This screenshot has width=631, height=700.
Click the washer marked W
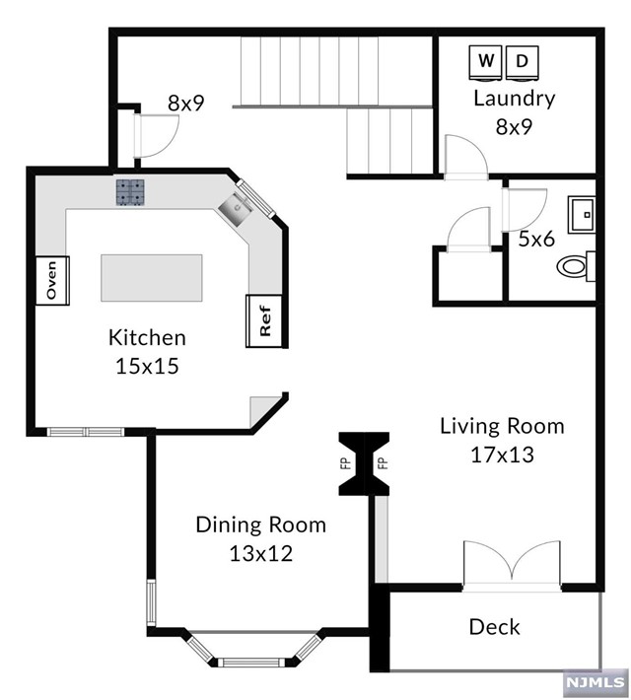coord(486,63)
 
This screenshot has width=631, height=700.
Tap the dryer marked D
coord(522,63)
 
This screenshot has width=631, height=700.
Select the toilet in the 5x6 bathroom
coord(577,266)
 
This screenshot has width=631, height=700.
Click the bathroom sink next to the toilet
coord(582,215)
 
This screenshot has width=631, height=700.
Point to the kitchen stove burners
coord(130,192)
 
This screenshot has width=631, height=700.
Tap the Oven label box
coord(52,281)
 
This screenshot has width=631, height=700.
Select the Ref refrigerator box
coord(264,321)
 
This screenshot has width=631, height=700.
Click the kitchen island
coord(152,278)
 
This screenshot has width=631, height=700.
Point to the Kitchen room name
coord(147,338)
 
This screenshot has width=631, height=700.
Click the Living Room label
coord(503,426)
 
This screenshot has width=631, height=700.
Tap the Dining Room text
coord(261,525)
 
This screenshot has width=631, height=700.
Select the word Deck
coord(494,627)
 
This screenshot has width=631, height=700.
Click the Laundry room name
coord(515,99)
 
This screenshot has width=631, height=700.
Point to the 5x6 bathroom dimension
coord(536,240)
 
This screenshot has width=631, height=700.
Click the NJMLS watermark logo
coord(596,682)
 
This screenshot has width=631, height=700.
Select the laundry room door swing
coord(466,157)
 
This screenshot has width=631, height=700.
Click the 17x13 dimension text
coord(503,455)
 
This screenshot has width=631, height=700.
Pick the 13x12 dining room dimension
coord(261,554)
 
